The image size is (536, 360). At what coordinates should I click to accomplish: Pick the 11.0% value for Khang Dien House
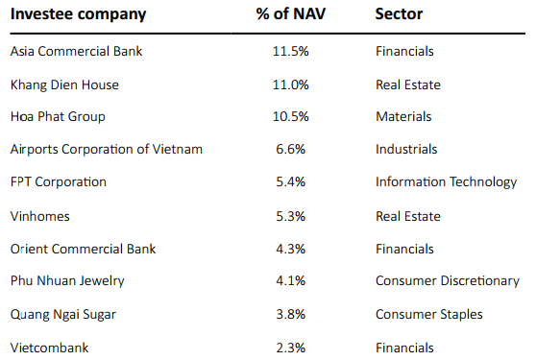click(x=291, y=84)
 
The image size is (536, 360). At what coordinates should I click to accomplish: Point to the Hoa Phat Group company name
click(x=58, y=117)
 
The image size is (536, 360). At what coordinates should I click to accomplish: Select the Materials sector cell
click(x=403, y=117)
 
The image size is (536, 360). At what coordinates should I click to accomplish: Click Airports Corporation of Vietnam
click(x=106, y=150)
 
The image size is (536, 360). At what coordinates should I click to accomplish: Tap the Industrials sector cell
click(x=406, y=150)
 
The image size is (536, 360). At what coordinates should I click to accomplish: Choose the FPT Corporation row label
click(x=58, y=182)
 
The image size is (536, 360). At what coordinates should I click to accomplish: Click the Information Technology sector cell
click(x=446, y=182)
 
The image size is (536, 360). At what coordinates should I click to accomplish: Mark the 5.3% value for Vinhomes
click(x=291, y=216)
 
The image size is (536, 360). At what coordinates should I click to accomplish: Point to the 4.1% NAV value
click(x=291, y=281)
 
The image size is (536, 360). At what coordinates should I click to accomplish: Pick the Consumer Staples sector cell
click(x=428, y=314)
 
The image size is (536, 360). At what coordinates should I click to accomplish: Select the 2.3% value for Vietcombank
click(x=291, y=348)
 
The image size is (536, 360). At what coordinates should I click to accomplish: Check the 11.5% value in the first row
click(x=291, y=52)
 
